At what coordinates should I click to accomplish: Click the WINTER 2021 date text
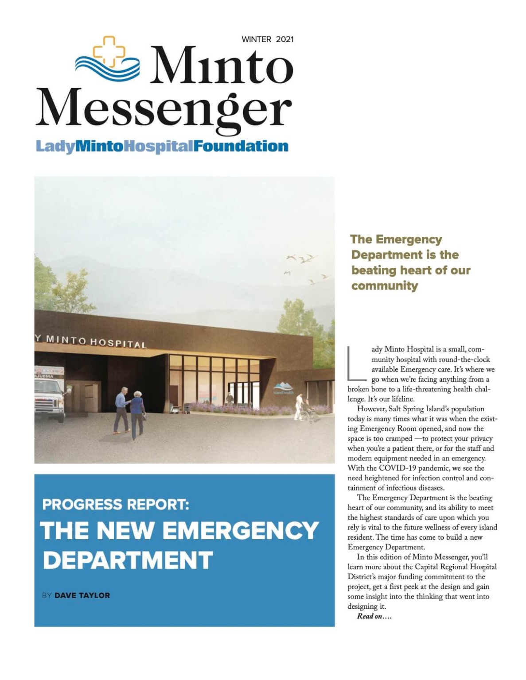[267, 39]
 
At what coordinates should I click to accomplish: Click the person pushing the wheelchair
[300, 406]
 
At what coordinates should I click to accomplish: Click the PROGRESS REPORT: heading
[116, 504]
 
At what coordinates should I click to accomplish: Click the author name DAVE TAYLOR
[82, 595]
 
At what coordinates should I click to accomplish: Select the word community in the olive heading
[385, 286]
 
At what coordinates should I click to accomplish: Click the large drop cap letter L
[357, 363]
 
